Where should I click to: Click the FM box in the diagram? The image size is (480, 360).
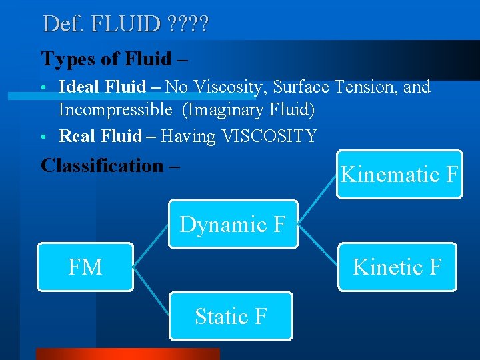pyautogui.click(x=85, y=267)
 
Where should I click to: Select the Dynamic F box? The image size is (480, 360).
pyautogui.click(x=233, y=225)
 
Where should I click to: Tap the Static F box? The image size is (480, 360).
pyautogui.click(x=231, y=316)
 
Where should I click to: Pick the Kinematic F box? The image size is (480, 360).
pyautogui.click(x=399, y=175)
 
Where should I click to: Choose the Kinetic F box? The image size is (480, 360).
pyautogui.click(x=397, y=267)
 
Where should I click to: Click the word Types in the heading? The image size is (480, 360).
pyautogui.click(x=65, y=59)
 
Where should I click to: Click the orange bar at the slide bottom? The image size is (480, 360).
pyautogui.click(x=127, y=354)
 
